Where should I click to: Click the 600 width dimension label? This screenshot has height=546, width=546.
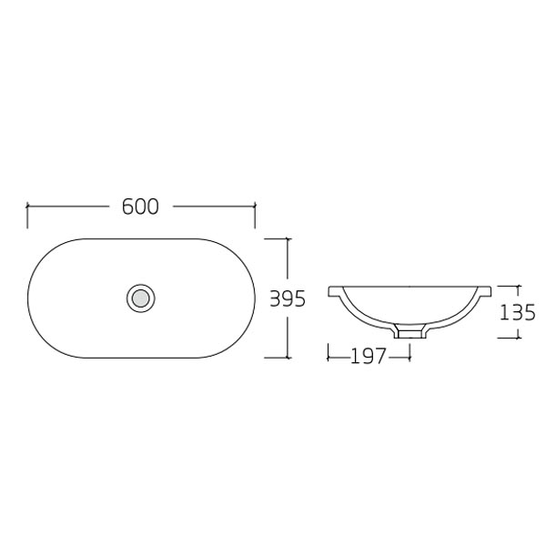click(140, 207)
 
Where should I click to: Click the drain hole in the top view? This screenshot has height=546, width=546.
click(140, 297)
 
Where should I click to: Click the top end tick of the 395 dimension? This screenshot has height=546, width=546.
click(289, 238)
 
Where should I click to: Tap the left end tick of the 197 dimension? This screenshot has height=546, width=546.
click(329, 356)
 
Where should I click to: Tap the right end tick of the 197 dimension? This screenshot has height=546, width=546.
click(409, 356)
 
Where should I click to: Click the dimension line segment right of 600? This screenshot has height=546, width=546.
click(213, 207)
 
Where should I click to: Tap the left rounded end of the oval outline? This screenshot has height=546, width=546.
click(29, 297)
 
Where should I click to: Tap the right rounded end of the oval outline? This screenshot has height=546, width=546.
click(253, 297)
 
